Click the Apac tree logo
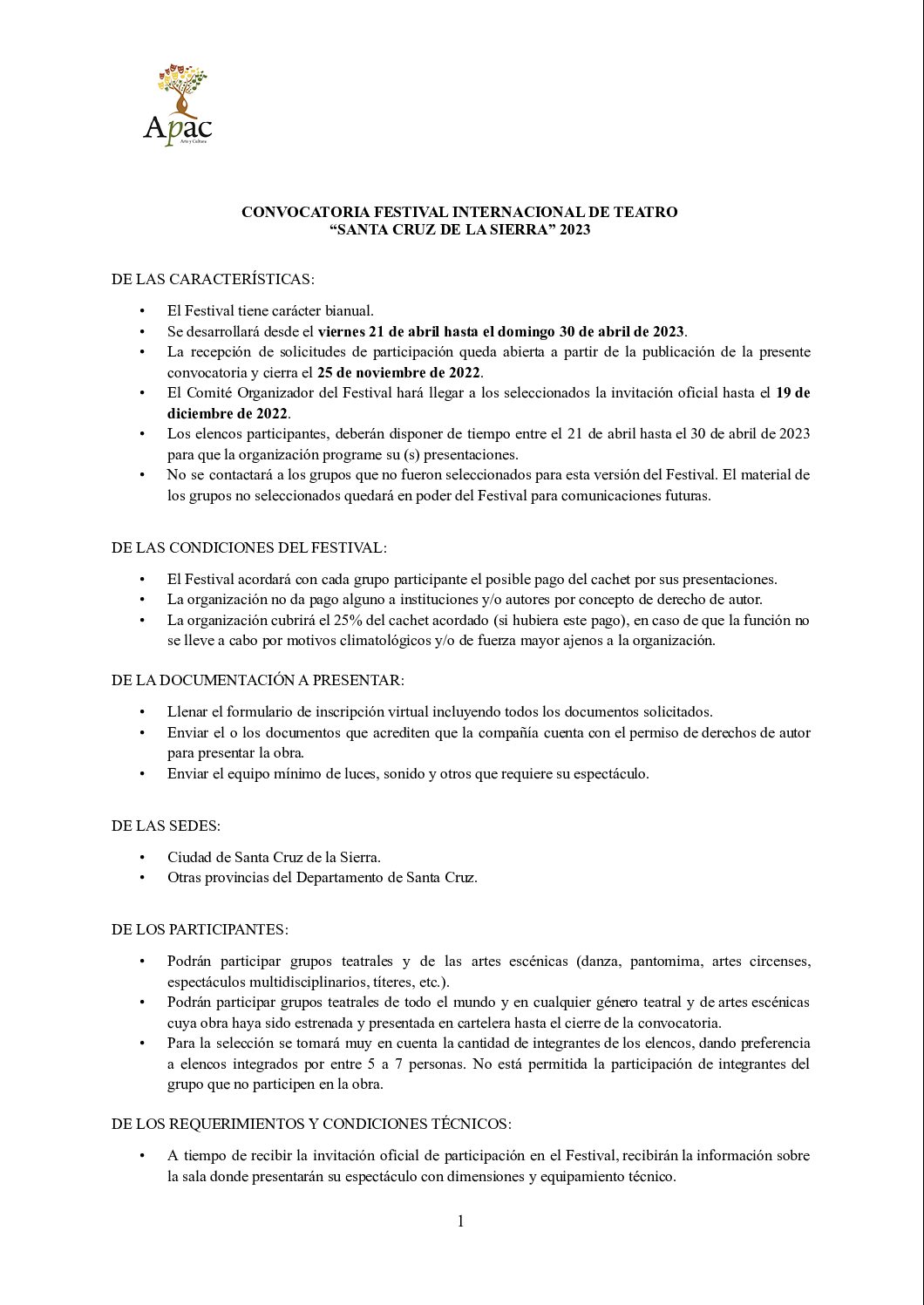[179, 104]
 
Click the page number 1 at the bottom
[460, 1221]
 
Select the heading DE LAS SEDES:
[166, 826]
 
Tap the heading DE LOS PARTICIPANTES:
[200, 929]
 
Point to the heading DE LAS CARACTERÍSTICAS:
[213, 279]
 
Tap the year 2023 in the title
[574, 230]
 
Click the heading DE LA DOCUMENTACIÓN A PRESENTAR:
[257, 680]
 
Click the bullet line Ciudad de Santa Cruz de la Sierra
[274, 857]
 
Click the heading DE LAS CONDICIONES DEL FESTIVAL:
[248, 547]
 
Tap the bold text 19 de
[792, 392]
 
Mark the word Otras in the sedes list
[184, 877]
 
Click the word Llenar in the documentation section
[187, 711]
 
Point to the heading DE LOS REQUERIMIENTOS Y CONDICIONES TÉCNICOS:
[311, 1124]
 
